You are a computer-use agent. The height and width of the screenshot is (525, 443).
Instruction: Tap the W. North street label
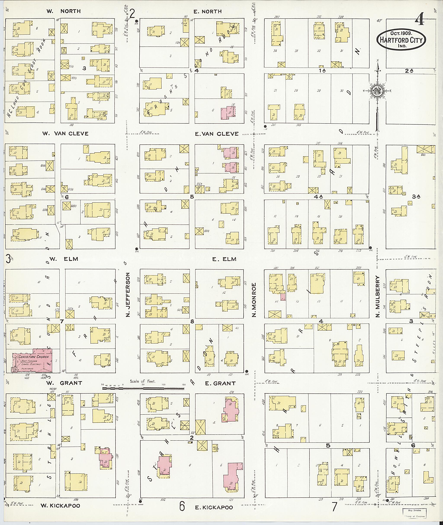click(64, 11)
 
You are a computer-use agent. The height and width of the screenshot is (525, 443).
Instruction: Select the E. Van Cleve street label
click(217, 134)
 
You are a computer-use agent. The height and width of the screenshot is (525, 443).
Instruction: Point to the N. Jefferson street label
click(128, 295)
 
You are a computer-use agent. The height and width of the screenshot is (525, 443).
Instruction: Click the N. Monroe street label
click(254, 300)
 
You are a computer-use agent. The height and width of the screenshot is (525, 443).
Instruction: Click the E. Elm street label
click(224, 259)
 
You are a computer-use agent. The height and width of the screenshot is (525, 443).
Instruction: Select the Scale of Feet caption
click(143, 381)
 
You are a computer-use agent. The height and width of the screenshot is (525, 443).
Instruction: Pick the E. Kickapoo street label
click(214, 507)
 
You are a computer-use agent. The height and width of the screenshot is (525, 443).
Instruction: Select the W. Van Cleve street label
click(65, 134)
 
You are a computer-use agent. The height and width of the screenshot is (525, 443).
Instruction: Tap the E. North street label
click(207, 11)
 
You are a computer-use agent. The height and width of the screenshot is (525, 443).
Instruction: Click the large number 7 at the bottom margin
click(334, 507)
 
